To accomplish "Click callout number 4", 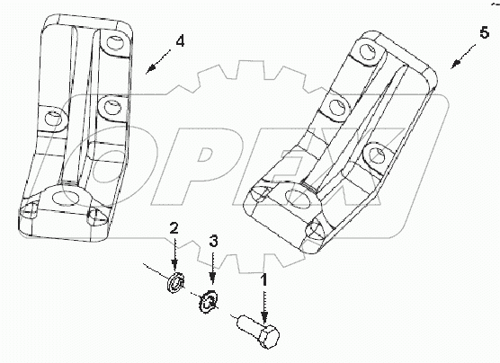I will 181,40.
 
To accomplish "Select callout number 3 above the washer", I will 214,240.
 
